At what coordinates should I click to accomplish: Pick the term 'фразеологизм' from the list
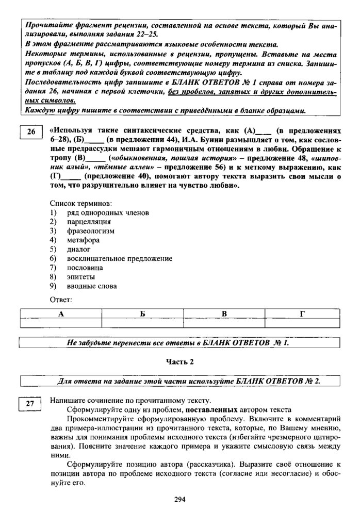[x=90, y=231]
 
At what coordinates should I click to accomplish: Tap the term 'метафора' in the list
[x=83, y=240]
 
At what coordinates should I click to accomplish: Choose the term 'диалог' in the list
[x=79, y=249]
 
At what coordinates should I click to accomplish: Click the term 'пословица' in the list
[x=85, y=268]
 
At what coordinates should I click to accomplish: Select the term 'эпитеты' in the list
[x=81, y=277]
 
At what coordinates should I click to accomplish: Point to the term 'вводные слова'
[x=92, y=286]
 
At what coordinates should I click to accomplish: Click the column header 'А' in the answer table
[x=61, y=313]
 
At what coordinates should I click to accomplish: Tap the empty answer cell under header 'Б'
[x=142, y=323]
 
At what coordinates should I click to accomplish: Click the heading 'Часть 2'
[x=179, y=361]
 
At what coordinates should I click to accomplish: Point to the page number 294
[x=179, y=499]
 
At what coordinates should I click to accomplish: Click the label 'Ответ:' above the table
[x=61, y=300]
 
